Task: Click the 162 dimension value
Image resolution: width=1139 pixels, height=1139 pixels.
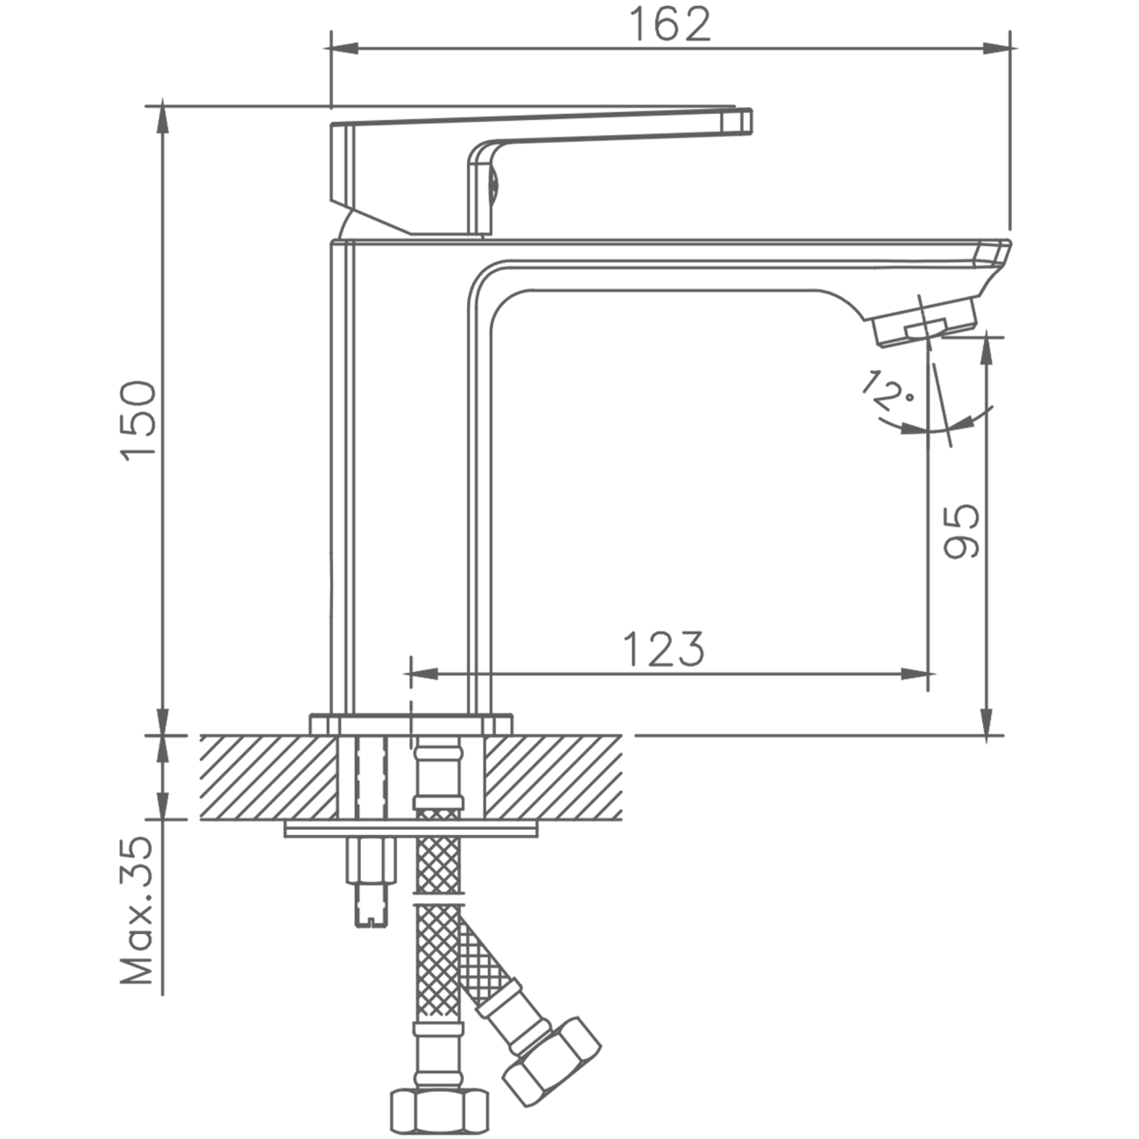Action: [669, 25]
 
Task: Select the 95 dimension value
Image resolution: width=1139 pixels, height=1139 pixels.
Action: [961, 531]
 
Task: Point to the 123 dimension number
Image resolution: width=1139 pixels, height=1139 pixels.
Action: [664, 649]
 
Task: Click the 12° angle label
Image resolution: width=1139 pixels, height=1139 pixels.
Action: [887, 390]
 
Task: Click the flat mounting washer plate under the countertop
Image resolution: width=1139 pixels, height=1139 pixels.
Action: [411, 829]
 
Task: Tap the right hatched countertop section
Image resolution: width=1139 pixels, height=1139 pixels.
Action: [553, 777]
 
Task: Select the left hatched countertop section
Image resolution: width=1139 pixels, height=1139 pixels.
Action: [269, 777]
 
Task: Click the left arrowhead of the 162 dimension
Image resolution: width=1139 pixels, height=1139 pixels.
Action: [344, 48]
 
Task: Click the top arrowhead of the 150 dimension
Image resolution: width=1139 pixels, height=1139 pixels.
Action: [163, 122]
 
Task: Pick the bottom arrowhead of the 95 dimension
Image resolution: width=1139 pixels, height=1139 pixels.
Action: [986, 720]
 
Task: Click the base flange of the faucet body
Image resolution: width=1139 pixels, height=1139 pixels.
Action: [412, 725]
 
